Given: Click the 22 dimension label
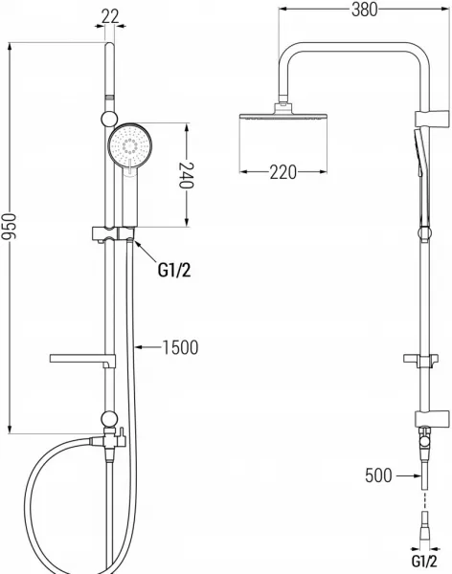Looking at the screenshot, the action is pos(110,17).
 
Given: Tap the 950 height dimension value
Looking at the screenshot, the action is pos(9,227).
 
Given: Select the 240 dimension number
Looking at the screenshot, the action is pos(186,175).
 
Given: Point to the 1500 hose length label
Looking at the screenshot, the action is pos(180,347).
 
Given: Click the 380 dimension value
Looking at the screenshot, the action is pos(365,10).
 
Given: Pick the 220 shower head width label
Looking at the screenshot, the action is pos(283,172).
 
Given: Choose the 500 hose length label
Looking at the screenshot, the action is pos(378,475).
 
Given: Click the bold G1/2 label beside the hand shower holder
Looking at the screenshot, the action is pos(174,271).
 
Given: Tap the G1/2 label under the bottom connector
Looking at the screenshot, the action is pos(424,561).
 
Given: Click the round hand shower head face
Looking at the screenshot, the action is pos(129,145).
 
